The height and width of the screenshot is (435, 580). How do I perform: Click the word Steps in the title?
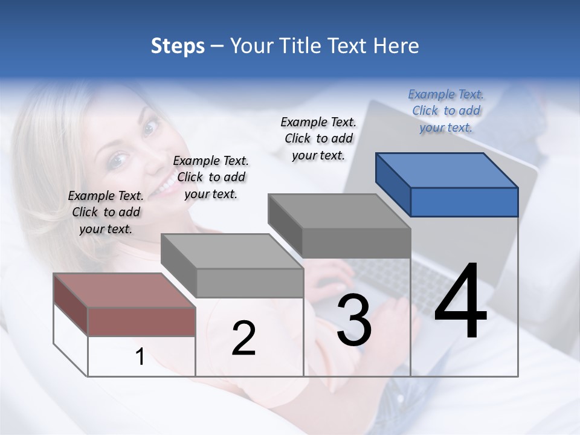point(177,46)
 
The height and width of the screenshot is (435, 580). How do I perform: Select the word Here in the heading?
point(396,46)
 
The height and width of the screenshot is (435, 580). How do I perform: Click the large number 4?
point(460,300)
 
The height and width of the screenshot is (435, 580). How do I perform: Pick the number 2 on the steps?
point(243,338)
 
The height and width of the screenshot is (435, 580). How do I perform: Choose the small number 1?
point(140,357)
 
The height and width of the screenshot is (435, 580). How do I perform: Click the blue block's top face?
point(446,170)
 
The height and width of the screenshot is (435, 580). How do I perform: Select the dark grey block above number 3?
point(338,211)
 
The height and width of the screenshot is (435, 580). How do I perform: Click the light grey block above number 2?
point(231,251)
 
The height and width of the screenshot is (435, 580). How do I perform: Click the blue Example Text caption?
point(446,111)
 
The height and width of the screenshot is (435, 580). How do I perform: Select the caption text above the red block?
point(106,212)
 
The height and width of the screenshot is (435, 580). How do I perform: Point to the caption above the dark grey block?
point(318,138)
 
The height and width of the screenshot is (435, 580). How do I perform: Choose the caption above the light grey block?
point(211,177)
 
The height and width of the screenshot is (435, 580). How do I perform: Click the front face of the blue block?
point(464,202)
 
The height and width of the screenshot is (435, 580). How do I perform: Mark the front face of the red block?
point(141,321)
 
